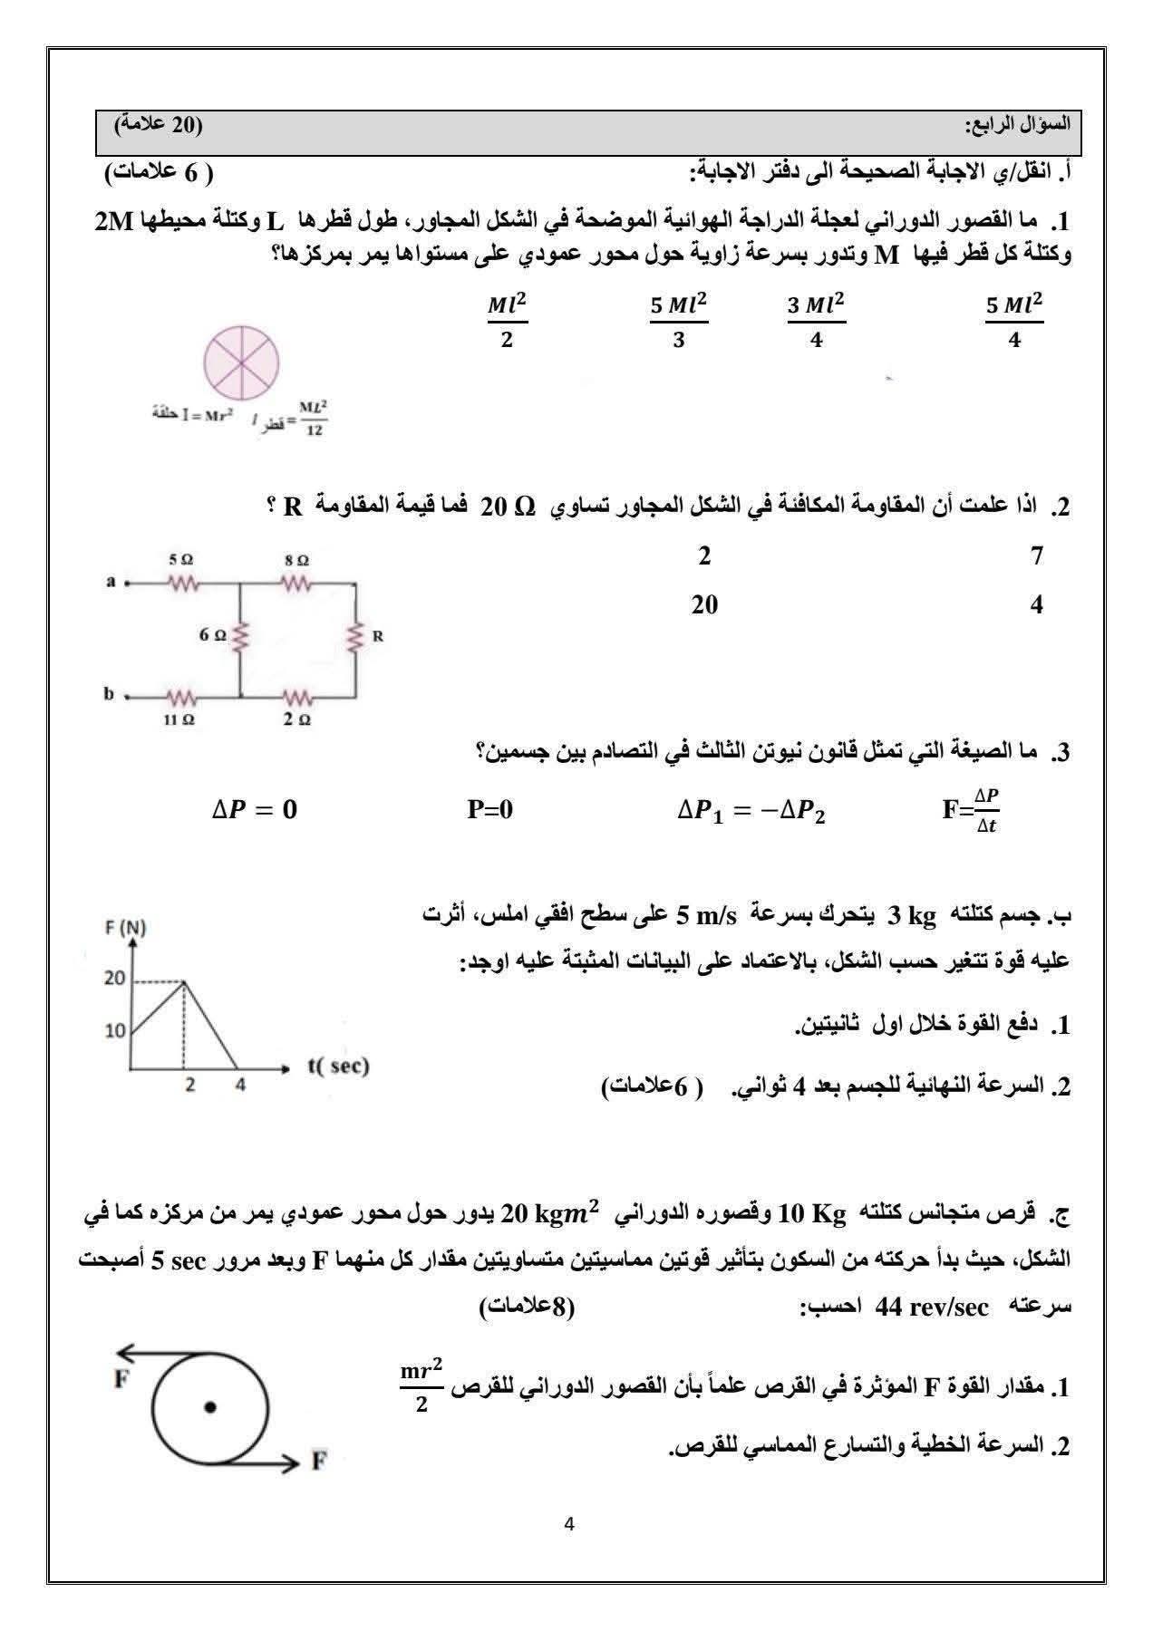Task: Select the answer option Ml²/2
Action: pos(507,320)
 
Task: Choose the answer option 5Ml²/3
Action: pos(678,320)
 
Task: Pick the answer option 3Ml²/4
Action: pos(816,320)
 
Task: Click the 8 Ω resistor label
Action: pos(296,560)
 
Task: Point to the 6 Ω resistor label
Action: pos(213,635)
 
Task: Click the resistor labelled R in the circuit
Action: pos(356,636)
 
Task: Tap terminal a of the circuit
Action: pos(111,583)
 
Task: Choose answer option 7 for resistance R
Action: pos(1038,555)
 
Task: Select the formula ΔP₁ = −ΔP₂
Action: pos(751,809)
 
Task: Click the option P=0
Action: pos(489,809)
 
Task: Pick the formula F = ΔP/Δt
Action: pos(971,809)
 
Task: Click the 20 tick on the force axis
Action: pos(114,979)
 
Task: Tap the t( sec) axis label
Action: pos(338,1066)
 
